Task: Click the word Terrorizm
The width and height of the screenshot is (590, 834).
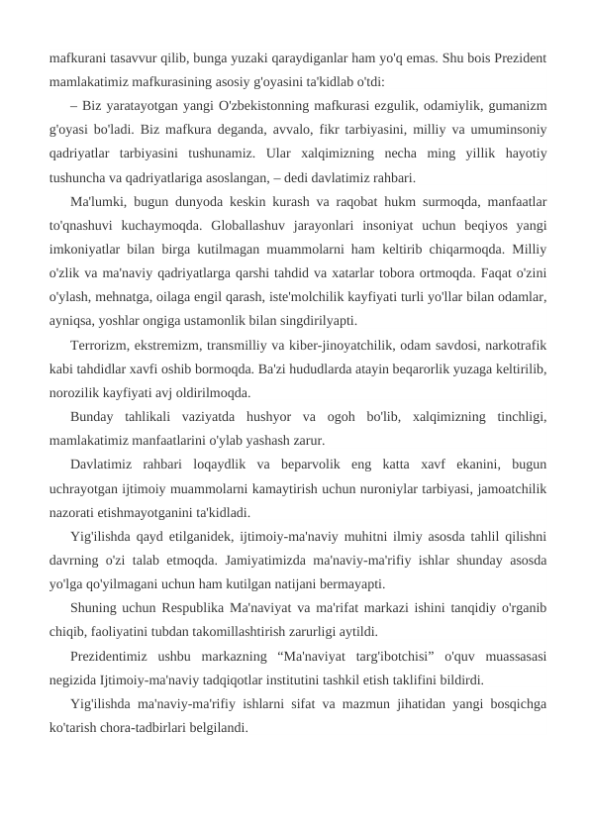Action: [101, 346]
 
